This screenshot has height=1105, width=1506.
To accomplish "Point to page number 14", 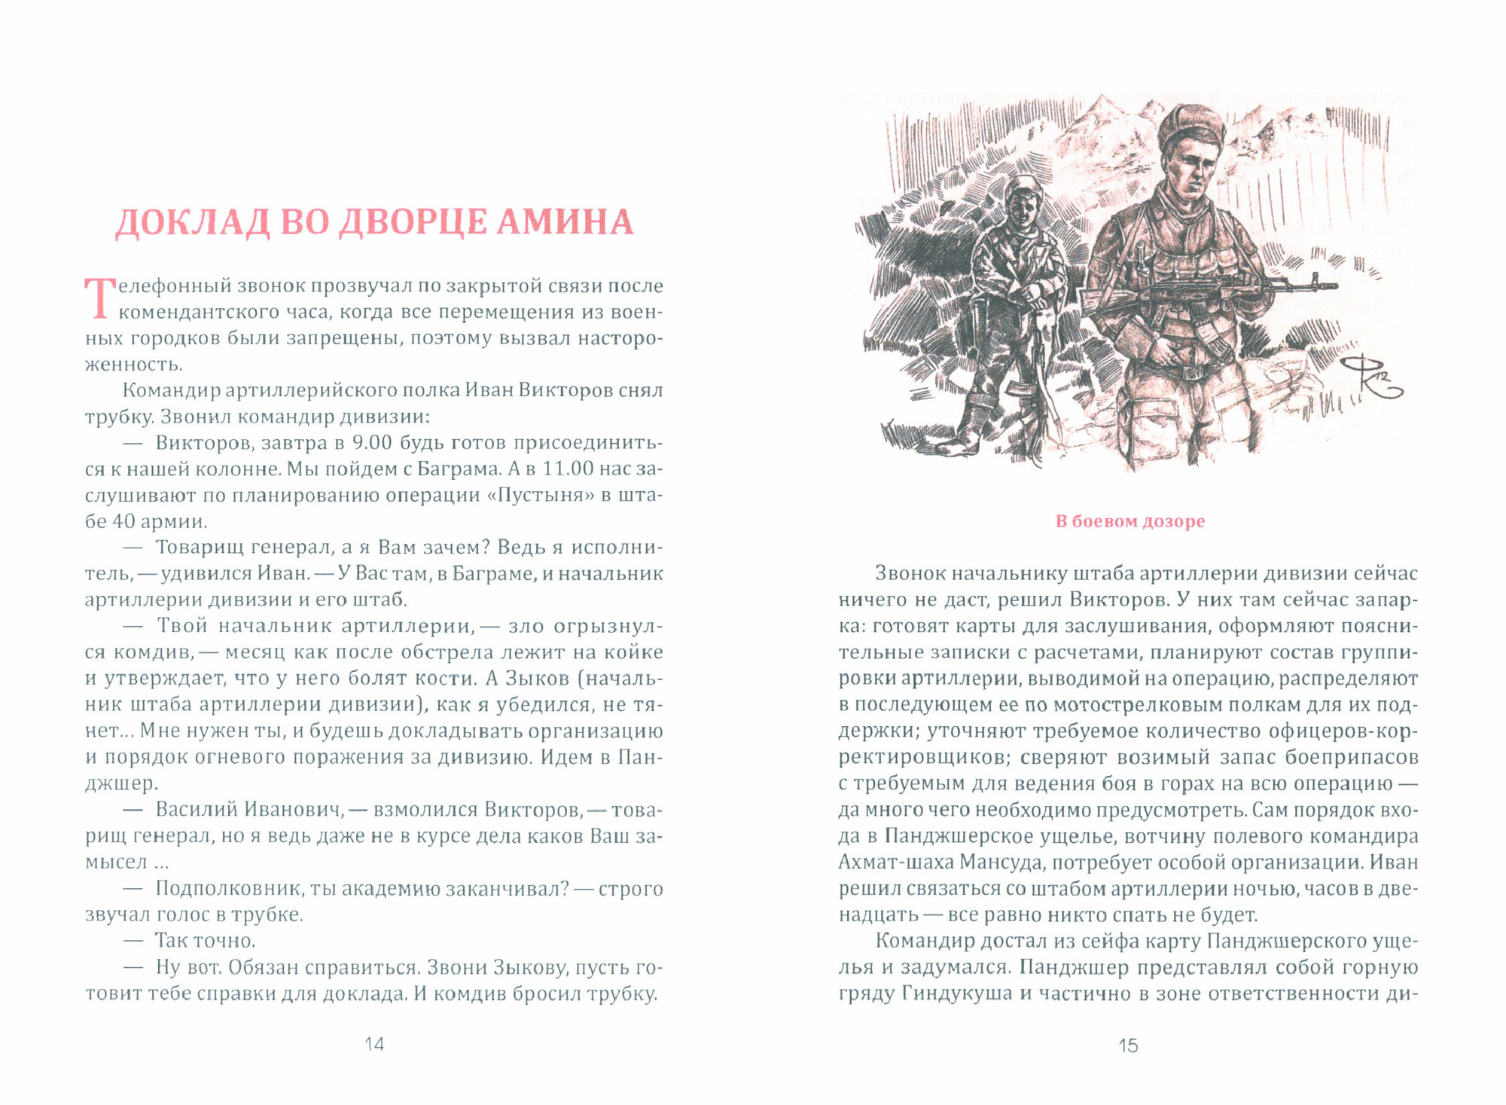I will (374, 1044).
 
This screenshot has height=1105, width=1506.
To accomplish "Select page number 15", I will (1128, 1045).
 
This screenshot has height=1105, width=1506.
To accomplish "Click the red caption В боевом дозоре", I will (1129, 521).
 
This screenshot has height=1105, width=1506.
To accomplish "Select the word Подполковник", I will (228, 889).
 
